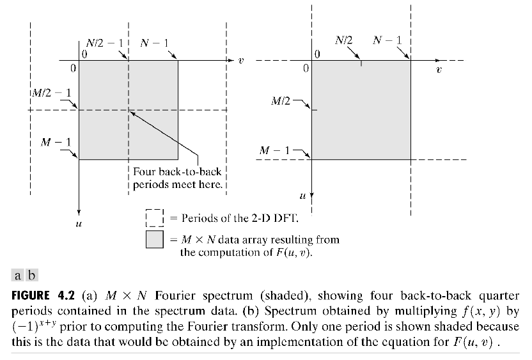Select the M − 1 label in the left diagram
point(56,141)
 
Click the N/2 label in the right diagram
point(343,40)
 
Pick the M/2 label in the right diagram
point(282,101)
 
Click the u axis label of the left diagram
point(77,223)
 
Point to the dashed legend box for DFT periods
point(155,217)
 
